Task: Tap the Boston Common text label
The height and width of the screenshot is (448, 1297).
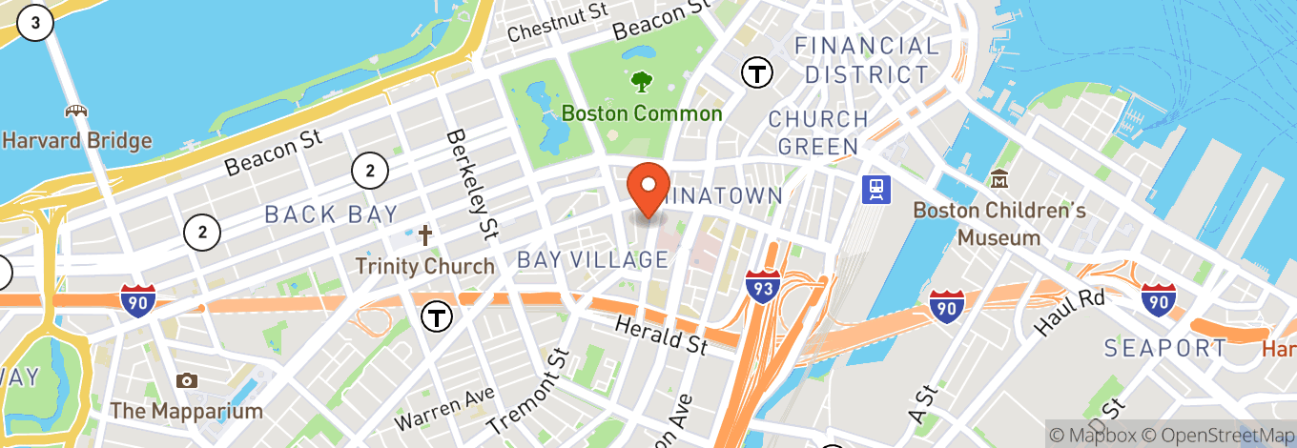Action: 641,113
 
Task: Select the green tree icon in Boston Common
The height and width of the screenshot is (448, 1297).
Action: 641,80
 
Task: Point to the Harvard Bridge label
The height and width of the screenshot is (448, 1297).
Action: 76,141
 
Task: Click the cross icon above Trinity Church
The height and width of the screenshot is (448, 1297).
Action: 425,234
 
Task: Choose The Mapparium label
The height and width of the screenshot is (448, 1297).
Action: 186,412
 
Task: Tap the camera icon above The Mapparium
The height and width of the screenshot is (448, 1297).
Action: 187,380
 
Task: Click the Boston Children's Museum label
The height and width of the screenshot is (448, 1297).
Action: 999,223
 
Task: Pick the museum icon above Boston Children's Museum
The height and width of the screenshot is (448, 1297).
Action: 999,178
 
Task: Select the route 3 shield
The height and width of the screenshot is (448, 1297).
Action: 35,24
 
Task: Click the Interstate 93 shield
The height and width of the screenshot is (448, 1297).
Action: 764,286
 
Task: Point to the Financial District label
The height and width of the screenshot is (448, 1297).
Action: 866,59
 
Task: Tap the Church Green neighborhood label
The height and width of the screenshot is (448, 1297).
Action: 818,132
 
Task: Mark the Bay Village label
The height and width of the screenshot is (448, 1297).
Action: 592,259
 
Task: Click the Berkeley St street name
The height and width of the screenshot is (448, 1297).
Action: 473,184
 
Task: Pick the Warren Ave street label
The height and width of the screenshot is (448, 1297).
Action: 446,408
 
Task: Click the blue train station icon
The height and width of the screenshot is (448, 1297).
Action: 875,190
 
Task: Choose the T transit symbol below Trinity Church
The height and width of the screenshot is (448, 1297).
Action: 437,316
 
